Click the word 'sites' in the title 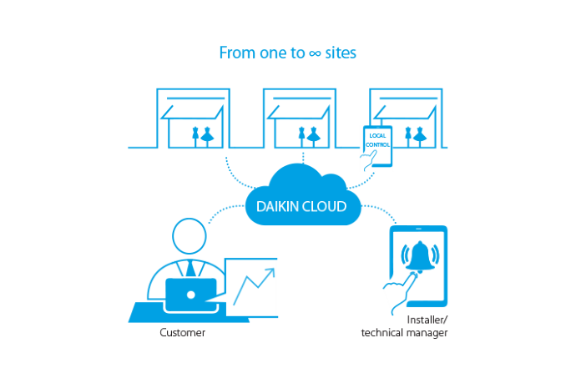341,53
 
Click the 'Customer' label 182,334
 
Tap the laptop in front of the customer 191,295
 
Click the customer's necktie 189,268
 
